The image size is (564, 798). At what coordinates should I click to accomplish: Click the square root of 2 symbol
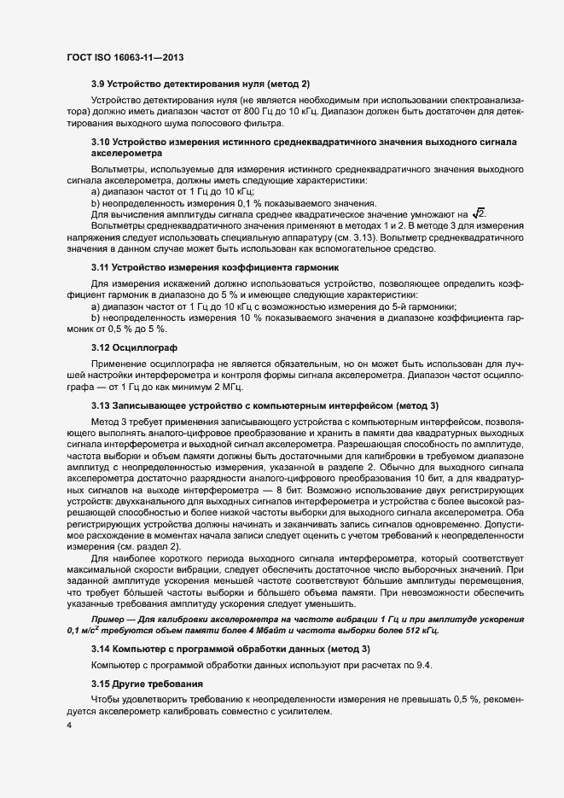[503, 213]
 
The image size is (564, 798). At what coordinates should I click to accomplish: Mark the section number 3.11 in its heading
[102, 270]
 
